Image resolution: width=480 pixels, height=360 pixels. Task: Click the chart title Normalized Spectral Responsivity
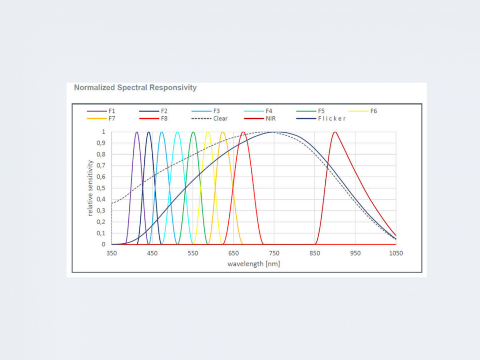[x=135, y=88]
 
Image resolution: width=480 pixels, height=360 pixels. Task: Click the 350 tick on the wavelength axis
[x=112, y=253]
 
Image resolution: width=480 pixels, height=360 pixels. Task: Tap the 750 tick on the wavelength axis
[x=274, y=253]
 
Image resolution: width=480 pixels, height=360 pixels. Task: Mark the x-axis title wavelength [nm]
[x=254, y=263]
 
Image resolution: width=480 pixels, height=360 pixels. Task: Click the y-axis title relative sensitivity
[x=90, y=188]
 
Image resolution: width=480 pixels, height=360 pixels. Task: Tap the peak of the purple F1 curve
[x=137, y=132]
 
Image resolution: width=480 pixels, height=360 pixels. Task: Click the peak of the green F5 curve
[x=193, y=132]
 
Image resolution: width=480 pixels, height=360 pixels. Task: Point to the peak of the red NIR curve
[x=335, y=132]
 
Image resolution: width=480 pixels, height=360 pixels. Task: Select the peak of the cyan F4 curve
[x=177, y=132]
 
